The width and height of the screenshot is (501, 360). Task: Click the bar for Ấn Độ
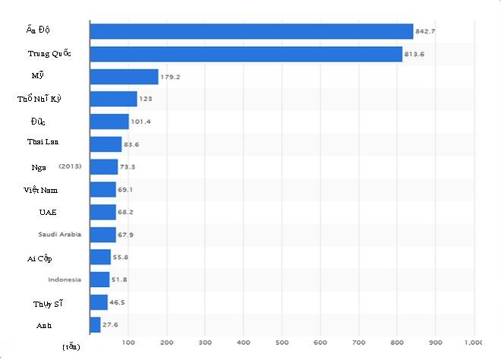click(250, 31)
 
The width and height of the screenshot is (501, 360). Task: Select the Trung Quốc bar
click(245, 54)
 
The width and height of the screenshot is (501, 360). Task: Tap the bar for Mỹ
click(124, 77)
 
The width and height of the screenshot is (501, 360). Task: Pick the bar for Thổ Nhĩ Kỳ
click(113, 99)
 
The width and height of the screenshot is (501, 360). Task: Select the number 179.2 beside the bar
click(170, 77)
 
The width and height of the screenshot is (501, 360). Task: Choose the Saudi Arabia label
click(59, 235)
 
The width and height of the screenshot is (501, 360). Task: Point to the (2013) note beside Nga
click(69, 166)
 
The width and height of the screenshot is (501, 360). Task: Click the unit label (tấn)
click(71, 347)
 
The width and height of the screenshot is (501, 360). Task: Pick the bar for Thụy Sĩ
click(99, 302)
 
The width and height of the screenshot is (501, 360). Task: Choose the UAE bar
click(102, 212)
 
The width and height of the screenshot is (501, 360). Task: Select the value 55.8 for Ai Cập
click(120, 257)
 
